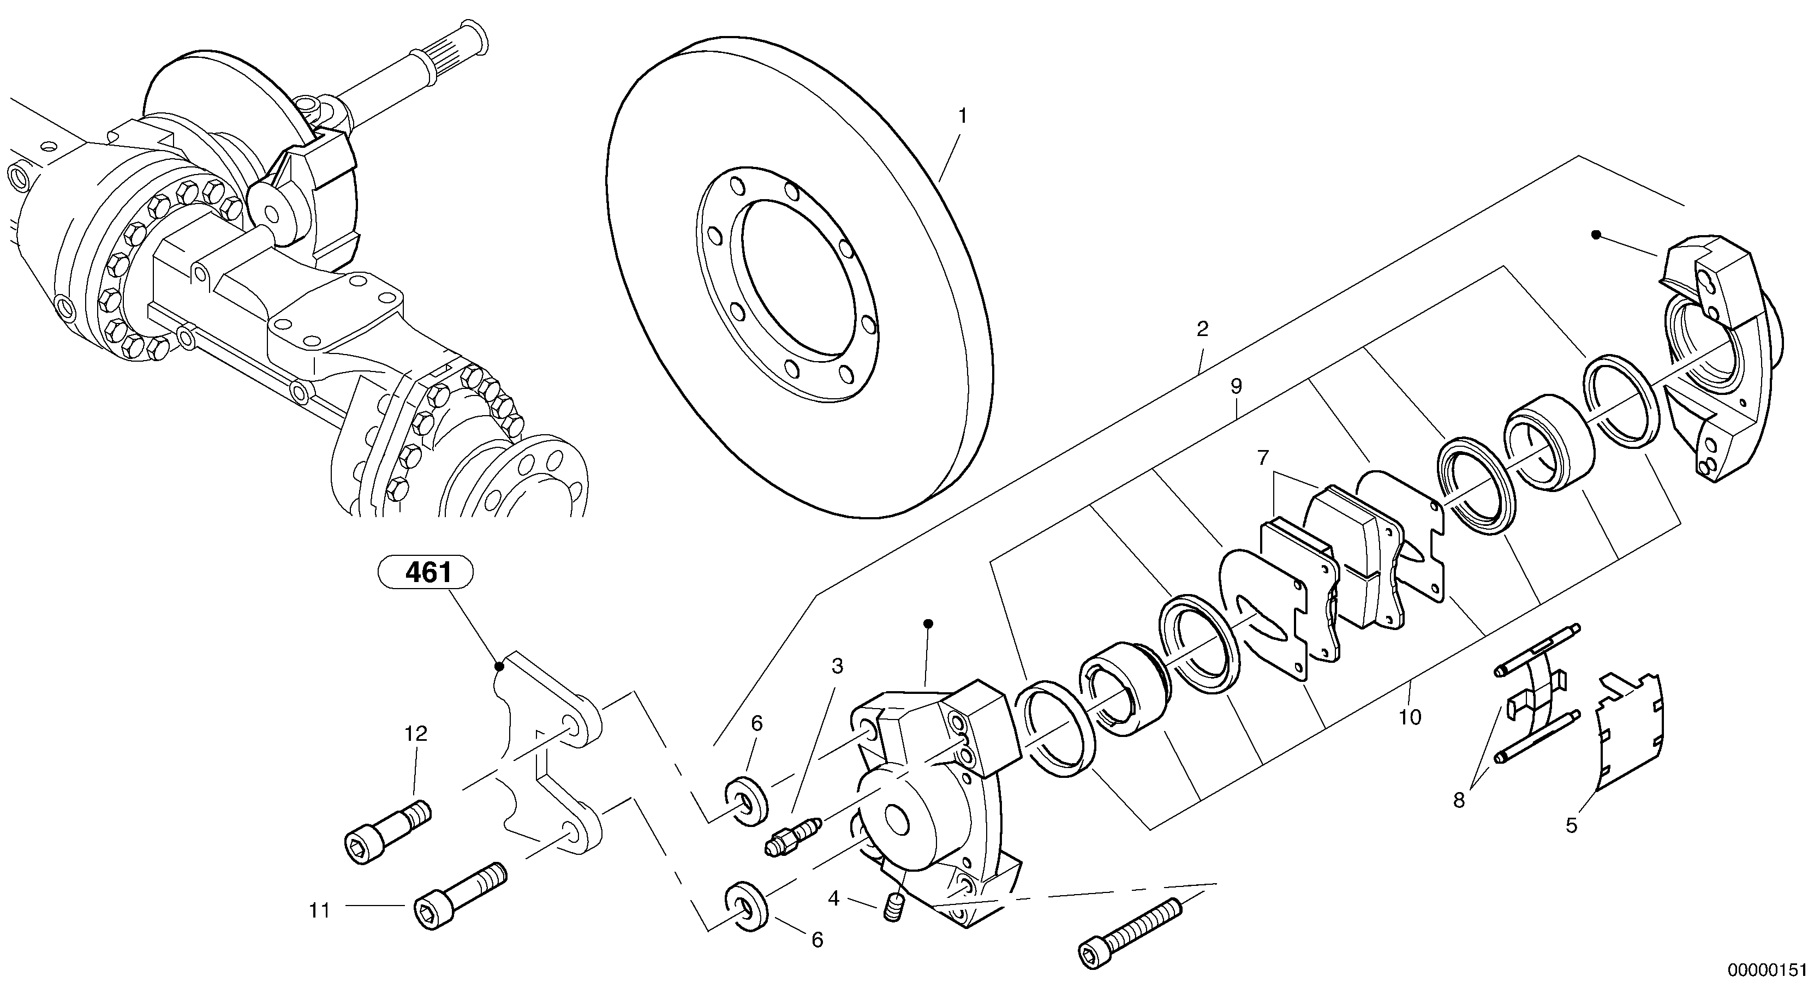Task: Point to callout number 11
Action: tap(319, 911)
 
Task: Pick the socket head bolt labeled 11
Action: tap(460, 895)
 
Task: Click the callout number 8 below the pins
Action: tap(1459, 801)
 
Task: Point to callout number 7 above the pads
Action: tap(1263, 458)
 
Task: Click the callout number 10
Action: tap(1409, 717)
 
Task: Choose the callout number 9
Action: tap(1236, 386)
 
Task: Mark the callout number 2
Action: tap(1202, 329)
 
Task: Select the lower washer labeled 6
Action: tap(747, 906)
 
